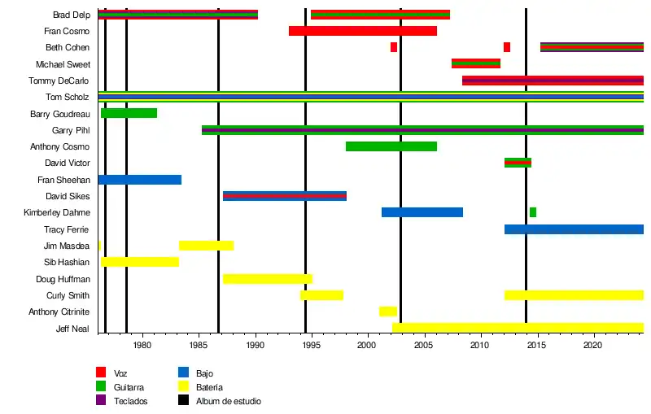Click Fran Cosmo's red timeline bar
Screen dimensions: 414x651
click(362, 31)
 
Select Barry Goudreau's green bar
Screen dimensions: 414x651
click(129, 113)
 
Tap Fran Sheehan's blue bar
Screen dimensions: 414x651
click(139, 180)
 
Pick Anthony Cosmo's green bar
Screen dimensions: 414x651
click(391, 146)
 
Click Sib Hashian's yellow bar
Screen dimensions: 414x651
click(139, 262)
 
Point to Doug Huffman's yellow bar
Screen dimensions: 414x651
click(267, 279)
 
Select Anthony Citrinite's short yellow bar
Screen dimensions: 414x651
click(387, 312)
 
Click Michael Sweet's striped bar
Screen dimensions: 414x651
click(475, 63)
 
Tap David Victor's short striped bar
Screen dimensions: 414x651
click(518, 163)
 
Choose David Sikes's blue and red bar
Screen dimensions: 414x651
click(284, 196)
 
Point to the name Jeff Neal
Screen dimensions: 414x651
click(72, 329)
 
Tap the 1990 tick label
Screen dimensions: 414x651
click(256, 345)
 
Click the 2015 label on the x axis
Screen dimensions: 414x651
click(537, 345)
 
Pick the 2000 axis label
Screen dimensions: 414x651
click(368, 345)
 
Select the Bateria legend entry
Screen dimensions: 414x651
click(209, 387)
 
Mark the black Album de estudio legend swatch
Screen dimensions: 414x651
click(182, 401)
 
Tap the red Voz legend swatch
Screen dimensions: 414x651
click(101, 373)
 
